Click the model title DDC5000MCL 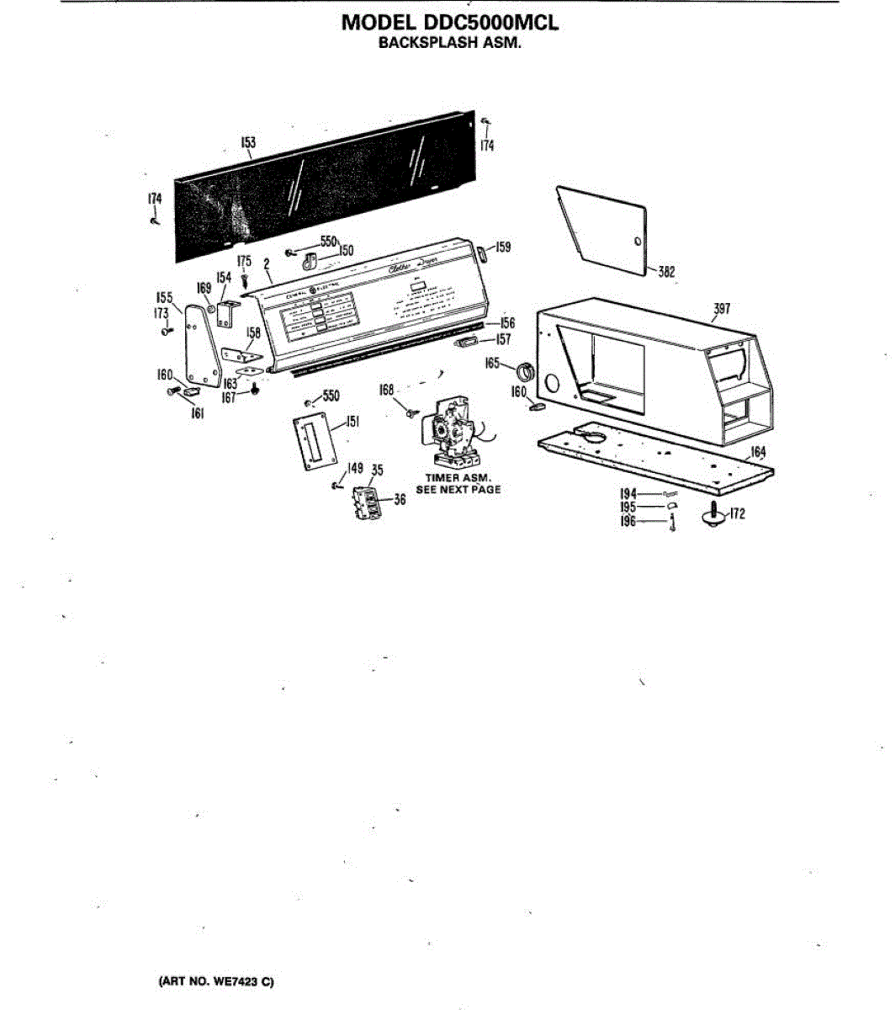point(449,23)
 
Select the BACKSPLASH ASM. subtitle point(449,43)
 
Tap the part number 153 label point(248,143)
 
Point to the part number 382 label point(666,272)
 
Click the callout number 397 point(721,309)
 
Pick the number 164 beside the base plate point(758,453)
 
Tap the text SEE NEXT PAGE point(458,490)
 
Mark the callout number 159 point(502,247)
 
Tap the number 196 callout point(628,522)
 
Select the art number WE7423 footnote point(216,981)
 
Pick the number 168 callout point(386,391)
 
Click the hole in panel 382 point(637,242)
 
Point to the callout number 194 point(628,493)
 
